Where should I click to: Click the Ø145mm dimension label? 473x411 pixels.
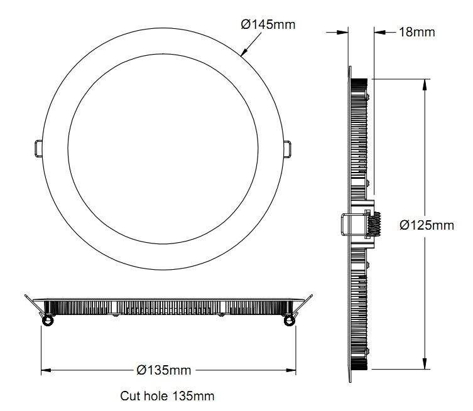pyautogui.click(x=268, y=24)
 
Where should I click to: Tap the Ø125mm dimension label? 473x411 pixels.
pyautogui.click(x=427, y=225)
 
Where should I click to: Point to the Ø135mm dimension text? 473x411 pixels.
pyautogui.click(x=163, y=370)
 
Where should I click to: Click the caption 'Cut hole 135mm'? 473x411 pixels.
pyautogui.click(x=167, y=396)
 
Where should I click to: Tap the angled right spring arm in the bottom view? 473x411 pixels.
pyautogui.click(x=303, y=306)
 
